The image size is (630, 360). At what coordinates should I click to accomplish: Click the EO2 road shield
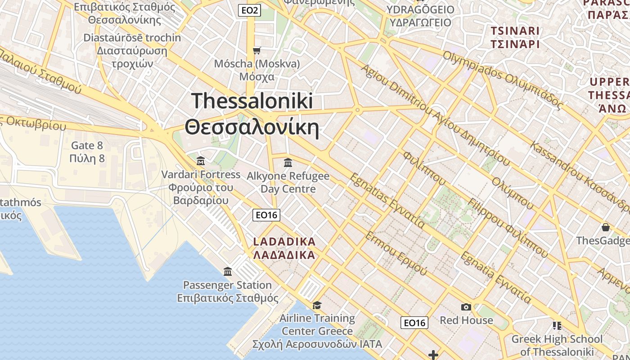249,10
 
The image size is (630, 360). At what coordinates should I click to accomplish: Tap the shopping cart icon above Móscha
256,50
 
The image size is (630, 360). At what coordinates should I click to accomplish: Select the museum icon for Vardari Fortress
201,161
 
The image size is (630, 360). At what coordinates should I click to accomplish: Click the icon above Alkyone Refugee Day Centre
288,162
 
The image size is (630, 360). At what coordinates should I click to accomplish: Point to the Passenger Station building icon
228,271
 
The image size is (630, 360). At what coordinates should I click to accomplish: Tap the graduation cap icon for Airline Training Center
317,305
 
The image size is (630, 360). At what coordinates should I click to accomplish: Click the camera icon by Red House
466,307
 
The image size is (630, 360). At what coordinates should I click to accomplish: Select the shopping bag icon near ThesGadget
606,227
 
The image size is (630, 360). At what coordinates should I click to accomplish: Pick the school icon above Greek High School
557,325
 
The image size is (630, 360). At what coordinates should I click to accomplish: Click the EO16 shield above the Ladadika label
266,215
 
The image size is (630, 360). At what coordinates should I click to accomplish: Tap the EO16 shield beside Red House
414,322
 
